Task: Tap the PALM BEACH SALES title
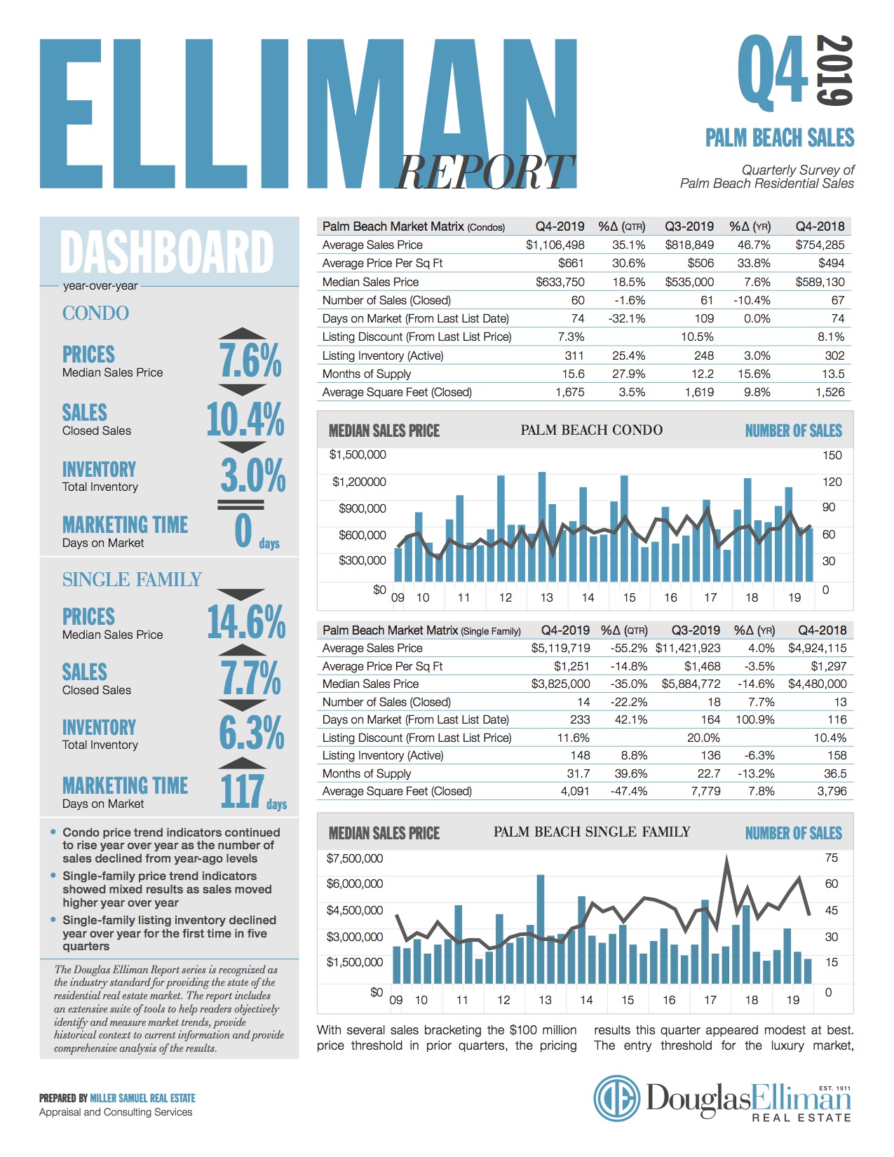pos(780,137)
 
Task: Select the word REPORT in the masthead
pos(485,172)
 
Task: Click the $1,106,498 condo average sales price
pos(555,245)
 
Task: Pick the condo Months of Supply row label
pos(367,374)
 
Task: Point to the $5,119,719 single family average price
pos(560,648)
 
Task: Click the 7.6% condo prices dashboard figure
pos(250,360)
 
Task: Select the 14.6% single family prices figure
pos(246,621)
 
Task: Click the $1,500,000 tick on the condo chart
pos(358,454)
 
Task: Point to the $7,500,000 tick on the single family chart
pos(355,858)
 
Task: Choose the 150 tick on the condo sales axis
pos(832,455)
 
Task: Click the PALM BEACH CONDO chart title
pos(591,430)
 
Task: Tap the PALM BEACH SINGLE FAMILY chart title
pos(591,832)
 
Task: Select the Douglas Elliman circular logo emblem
pos(617,1098)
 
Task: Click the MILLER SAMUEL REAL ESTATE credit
pos(142,1098)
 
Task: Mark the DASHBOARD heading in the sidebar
pos(167,252)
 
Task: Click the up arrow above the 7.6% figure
pos(242,334)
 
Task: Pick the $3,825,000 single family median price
pos(560,684)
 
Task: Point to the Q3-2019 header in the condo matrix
pos(689,226)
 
